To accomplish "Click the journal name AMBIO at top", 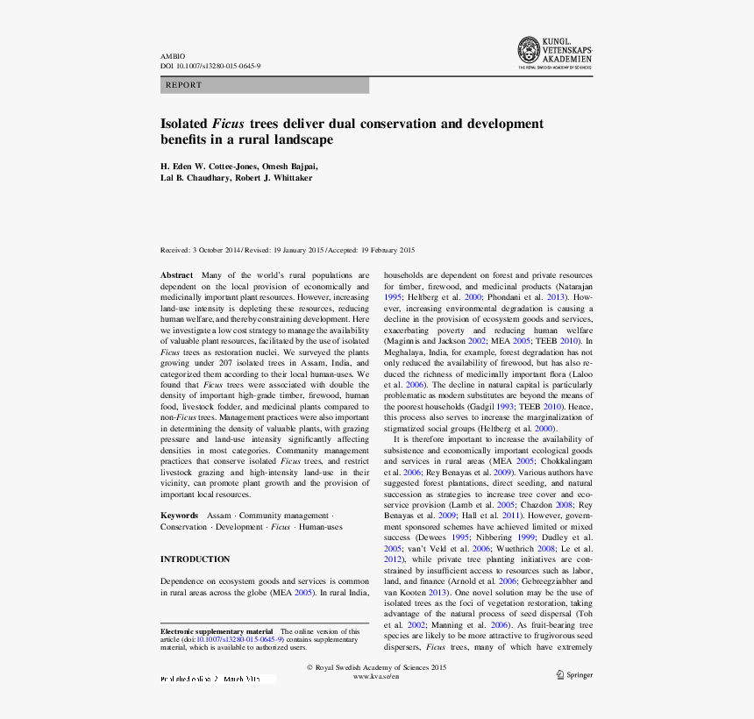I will pos(172,56).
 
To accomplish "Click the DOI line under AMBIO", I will pos(210,66).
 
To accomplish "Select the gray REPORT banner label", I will pos(183,85).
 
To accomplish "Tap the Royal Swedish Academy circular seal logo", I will pos(529,49).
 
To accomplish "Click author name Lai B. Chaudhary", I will pos(195,177).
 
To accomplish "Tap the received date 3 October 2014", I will pos(216,250).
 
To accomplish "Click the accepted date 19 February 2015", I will pos(387,250).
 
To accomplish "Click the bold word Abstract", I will pos(176,275).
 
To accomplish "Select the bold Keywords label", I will pos(179,516).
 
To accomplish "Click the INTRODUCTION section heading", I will pos(195,559).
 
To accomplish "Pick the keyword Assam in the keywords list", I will pos(219,516).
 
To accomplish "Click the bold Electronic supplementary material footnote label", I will pos(217,631).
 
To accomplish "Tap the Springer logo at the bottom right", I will pos(574,675).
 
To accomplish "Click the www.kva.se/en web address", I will pos(376,677).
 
